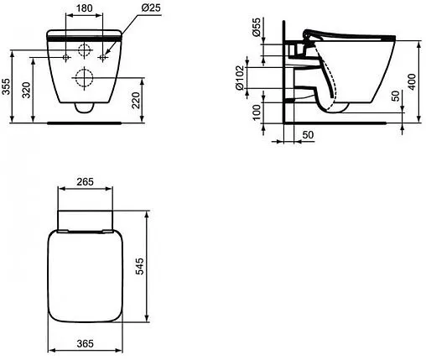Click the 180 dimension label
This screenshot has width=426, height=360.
84,8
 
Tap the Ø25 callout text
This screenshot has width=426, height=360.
151,8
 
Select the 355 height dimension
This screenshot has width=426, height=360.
6,86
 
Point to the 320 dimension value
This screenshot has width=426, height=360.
26,90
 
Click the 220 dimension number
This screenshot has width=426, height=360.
136,100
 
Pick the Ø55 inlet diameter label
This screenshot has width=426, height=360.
256,27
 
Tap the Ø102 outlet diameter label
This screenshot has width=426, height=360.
240,78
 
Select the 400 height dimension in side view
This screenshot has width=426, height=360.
412,81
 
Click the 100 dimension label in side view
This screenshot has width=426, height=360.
257,112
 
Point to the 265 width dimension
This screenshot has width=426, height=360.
85,182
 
